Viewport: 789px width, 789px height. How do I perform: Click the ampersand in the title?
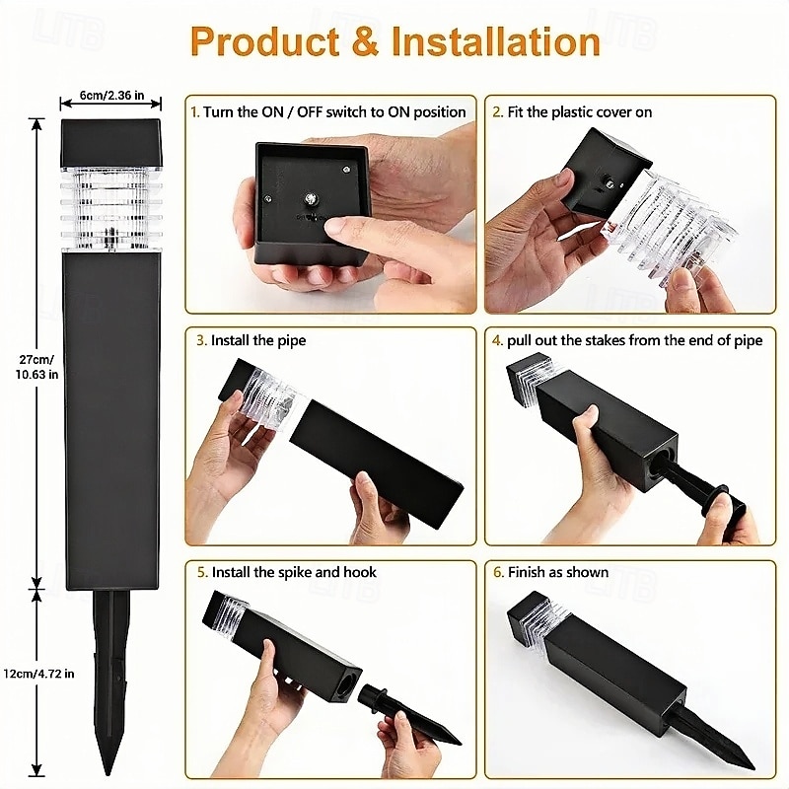365,40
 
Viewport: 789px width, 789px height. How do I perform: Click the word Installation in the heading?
496,40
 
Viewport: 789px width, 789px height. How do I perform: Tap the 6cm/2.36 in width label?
111,95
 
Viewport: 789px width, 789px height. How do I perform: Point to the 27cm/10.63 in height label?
36,367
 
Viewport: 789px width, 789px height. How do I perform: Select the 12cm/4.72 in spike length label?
38,674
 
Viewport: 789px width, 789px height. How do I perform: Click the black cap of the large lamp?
111,143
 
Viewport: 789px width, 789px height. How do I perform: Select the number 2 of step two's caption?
497,112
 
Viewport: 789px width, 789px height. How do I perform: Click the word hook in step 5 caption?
359,572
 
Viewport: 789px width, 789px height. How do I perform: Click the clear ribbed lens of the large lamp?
111,209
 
